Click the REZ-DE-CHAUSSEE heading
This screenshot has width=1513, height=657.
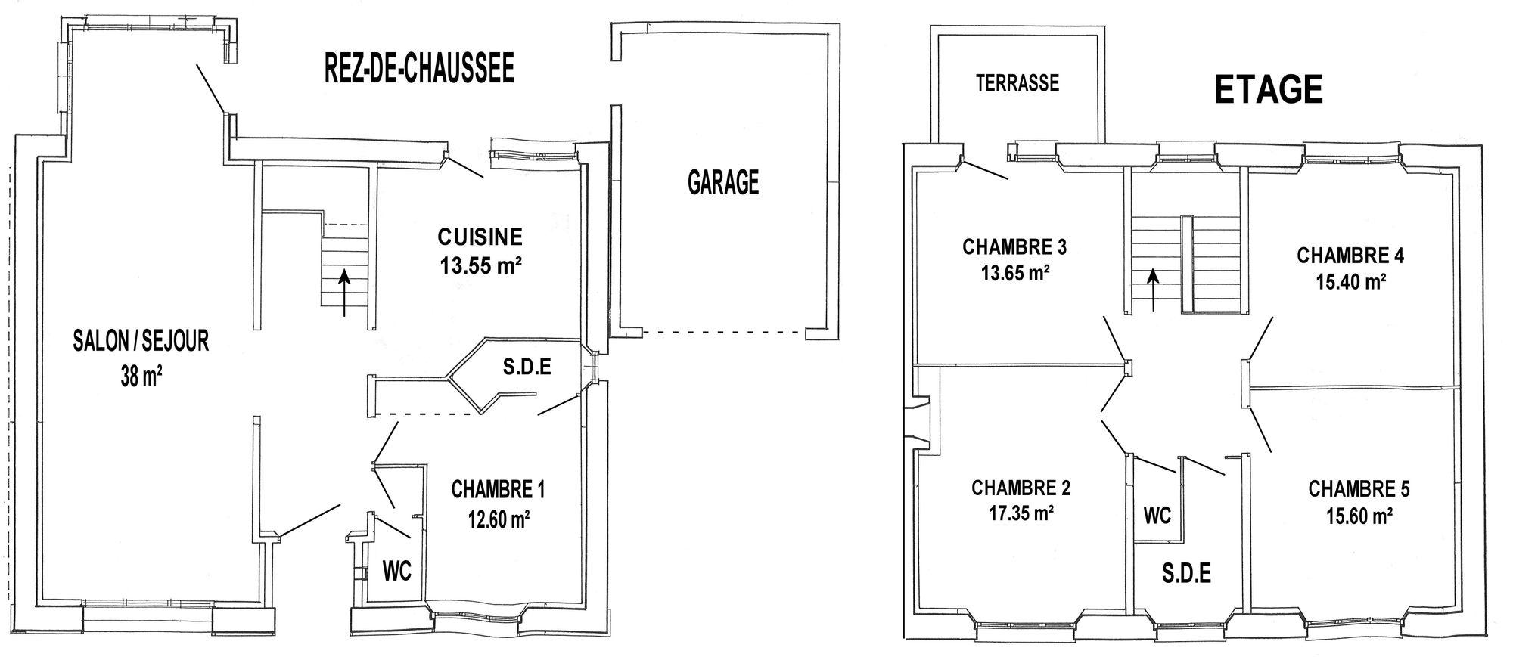[x=419, y=68]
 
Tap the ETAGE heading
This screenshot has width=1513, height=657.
[x=1269, y=90]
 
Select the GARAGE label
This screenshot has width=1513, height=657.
[x=723, y=182]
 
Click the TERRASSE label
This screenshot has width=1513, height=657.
[x=1017, y=82]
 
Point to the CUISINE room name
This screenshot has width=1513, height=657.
[x=480, y=237]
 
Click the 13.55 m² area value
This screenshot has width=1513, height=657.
[x=481, y=265]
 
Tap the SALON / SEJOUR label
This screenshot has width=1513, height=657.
[x=141, y=341]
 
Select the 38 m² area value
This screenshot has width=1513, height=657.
[x=141, y=374]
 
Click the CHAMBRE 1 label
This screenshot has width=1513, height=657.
[x=498, y=490]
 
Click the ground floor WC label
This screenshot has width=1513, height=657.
[x=397, y=572]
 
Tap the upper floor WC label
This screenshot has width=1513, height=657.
[x=1157, y=516]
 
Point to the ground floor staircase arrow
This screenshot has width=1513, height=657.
[x=345, y=293]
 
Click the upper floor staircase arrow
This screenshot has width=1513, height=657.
[x=1154, y=290]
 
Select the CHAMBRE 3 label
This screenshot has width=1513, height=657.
[x=1014, y=247]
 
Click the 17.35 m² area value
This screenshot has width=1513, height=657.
[x=1021, y=513]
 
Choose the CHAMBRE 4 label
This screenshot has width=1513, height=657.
[x=1350, y=256]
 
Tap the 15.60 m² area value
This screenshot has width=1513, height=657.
[x=1359, y=516]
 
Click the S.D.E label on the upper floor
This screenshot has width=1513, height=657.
[x=1186, y=574]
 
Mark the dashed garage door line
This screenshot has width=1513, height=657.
[x=724, y=332]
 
